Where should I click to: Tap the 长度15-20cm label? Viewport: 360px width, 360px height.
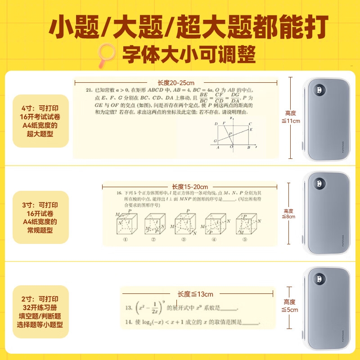(190, 187)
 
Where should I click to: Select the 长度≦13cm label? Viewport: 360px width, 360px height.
(196, 294)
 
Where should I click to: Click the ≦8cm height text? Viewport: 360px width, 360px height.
(288, 216)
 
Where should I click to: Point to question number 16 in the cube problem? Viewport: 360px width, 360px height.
(119, 193)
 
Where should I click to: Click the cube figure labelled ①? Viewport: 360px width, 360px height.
(126, 225)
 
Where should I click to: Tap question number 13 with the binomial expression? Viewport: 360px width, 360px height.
(128, 308)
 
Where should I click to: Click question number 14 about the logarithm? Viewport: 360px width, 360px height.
(128, 322)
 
